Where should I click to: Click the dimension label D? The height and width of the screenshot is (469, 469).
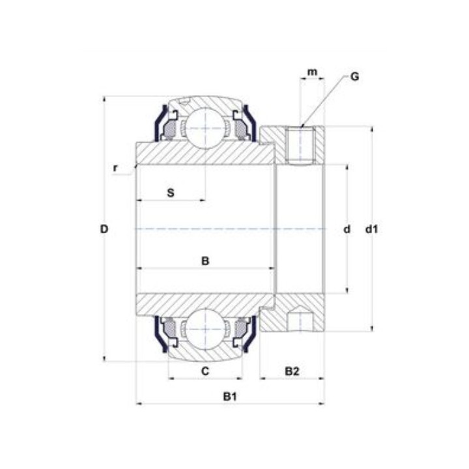tap(104, 229)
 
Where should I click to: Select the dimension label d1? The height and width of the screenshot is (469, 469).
tap(372, 229)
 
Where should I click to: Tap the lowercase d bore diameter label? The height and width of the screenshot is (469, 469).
tap(347, 229)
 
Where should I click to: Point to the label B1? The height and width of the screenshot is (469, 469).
tap(230, 397)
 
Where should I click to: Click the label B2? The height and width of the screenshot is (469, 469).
tap(292, 371)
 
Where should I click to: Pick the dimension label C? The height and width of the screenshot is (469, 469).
tap(205, 371)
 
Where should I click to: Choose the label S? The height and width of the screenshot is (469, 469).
tap(171, 193)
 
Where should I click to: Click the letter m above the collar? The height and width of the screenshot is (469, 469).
tap(312, 72)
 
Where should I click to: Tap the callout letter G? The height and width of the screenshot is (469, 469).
tap(355, 77)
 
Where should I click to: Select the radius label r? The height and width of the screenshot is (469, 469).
tap(115, 168)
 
